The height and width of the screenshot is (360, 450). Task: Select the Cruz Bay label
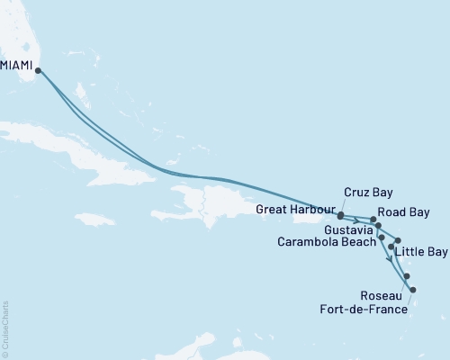[369, 192]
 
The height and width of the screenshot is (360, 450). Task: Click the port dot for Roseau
[407, 276]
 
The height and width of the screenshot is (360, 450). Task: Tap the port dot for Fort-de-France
[412, 289]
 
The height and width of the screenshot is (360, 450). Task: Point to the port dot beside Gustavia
[379, 225]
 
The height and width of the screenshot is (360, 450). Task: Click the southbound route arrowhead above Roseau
[389, 259]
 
